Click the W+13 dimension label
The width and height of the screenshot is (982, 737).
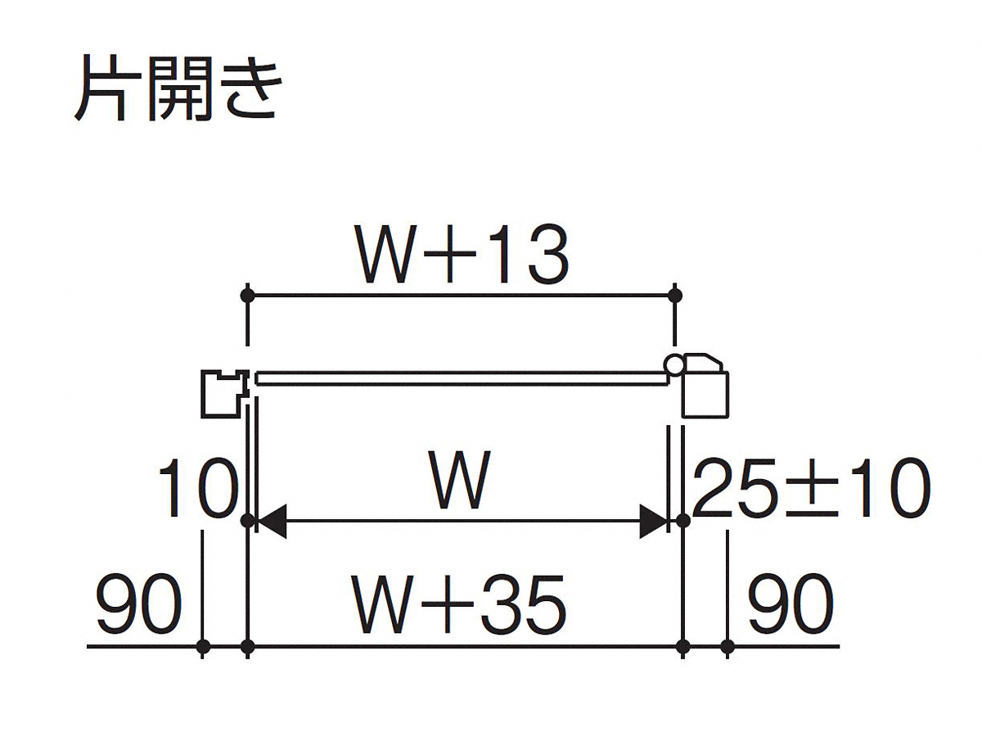pyautogui.click(x=462, y=253)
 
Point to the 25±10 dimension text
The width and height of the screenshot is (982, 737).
pyautogui.click(x=811, y=488)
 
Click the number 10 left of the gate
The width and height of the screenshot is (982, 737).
pyautogui.click(x=197, y=488)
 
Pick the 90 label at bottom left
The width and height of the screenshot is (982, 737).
pyautogui.click(x=139, y=604)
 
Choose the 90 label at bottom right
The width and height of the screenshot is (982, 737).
pyautogui.click(x=791, y=604)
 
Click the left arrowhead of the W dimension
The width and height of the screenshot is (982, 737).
pyautogui.click(x=272, y=521)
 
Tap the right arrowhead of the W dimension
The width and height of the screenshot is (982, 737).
pyautogui.click(x=654, y=521)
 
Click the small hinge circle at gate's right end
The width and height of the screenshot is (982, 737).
pyautogui.click(x=673, y=363)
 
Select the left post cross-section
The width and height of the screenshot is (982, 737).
pyautogui.click(x=225, y=394)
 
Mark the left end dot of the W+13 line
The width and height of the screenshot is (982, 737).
pyautogui.click(x=247, y=296)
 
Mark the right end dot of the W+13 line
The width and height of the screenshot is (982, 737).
pyautogui.click(x=674, y=296)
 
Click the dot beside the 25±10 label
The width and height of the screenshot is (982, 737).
pyautogui.click(x=682, y=521)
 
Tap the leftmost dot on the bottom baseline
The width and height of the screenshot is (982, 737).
pyautogui.click(x=203, y=647)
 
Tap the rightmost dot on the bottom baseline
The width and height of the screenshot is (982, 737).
pyautogui.click(x=727, y=647)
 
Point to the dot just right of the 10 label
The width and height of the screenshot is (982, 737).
pyautogui.click(x=247, y=521)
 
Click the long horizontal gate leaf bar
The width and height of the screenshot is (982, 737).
pyautogui.click(x=461, y=378)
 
